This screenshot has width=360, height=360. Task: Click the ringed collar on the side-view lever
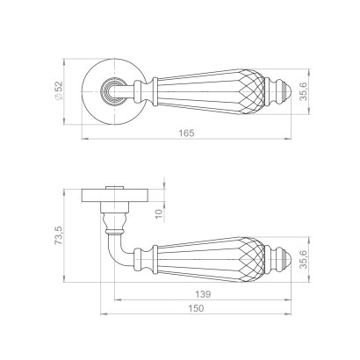click(x=150, y=259)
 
